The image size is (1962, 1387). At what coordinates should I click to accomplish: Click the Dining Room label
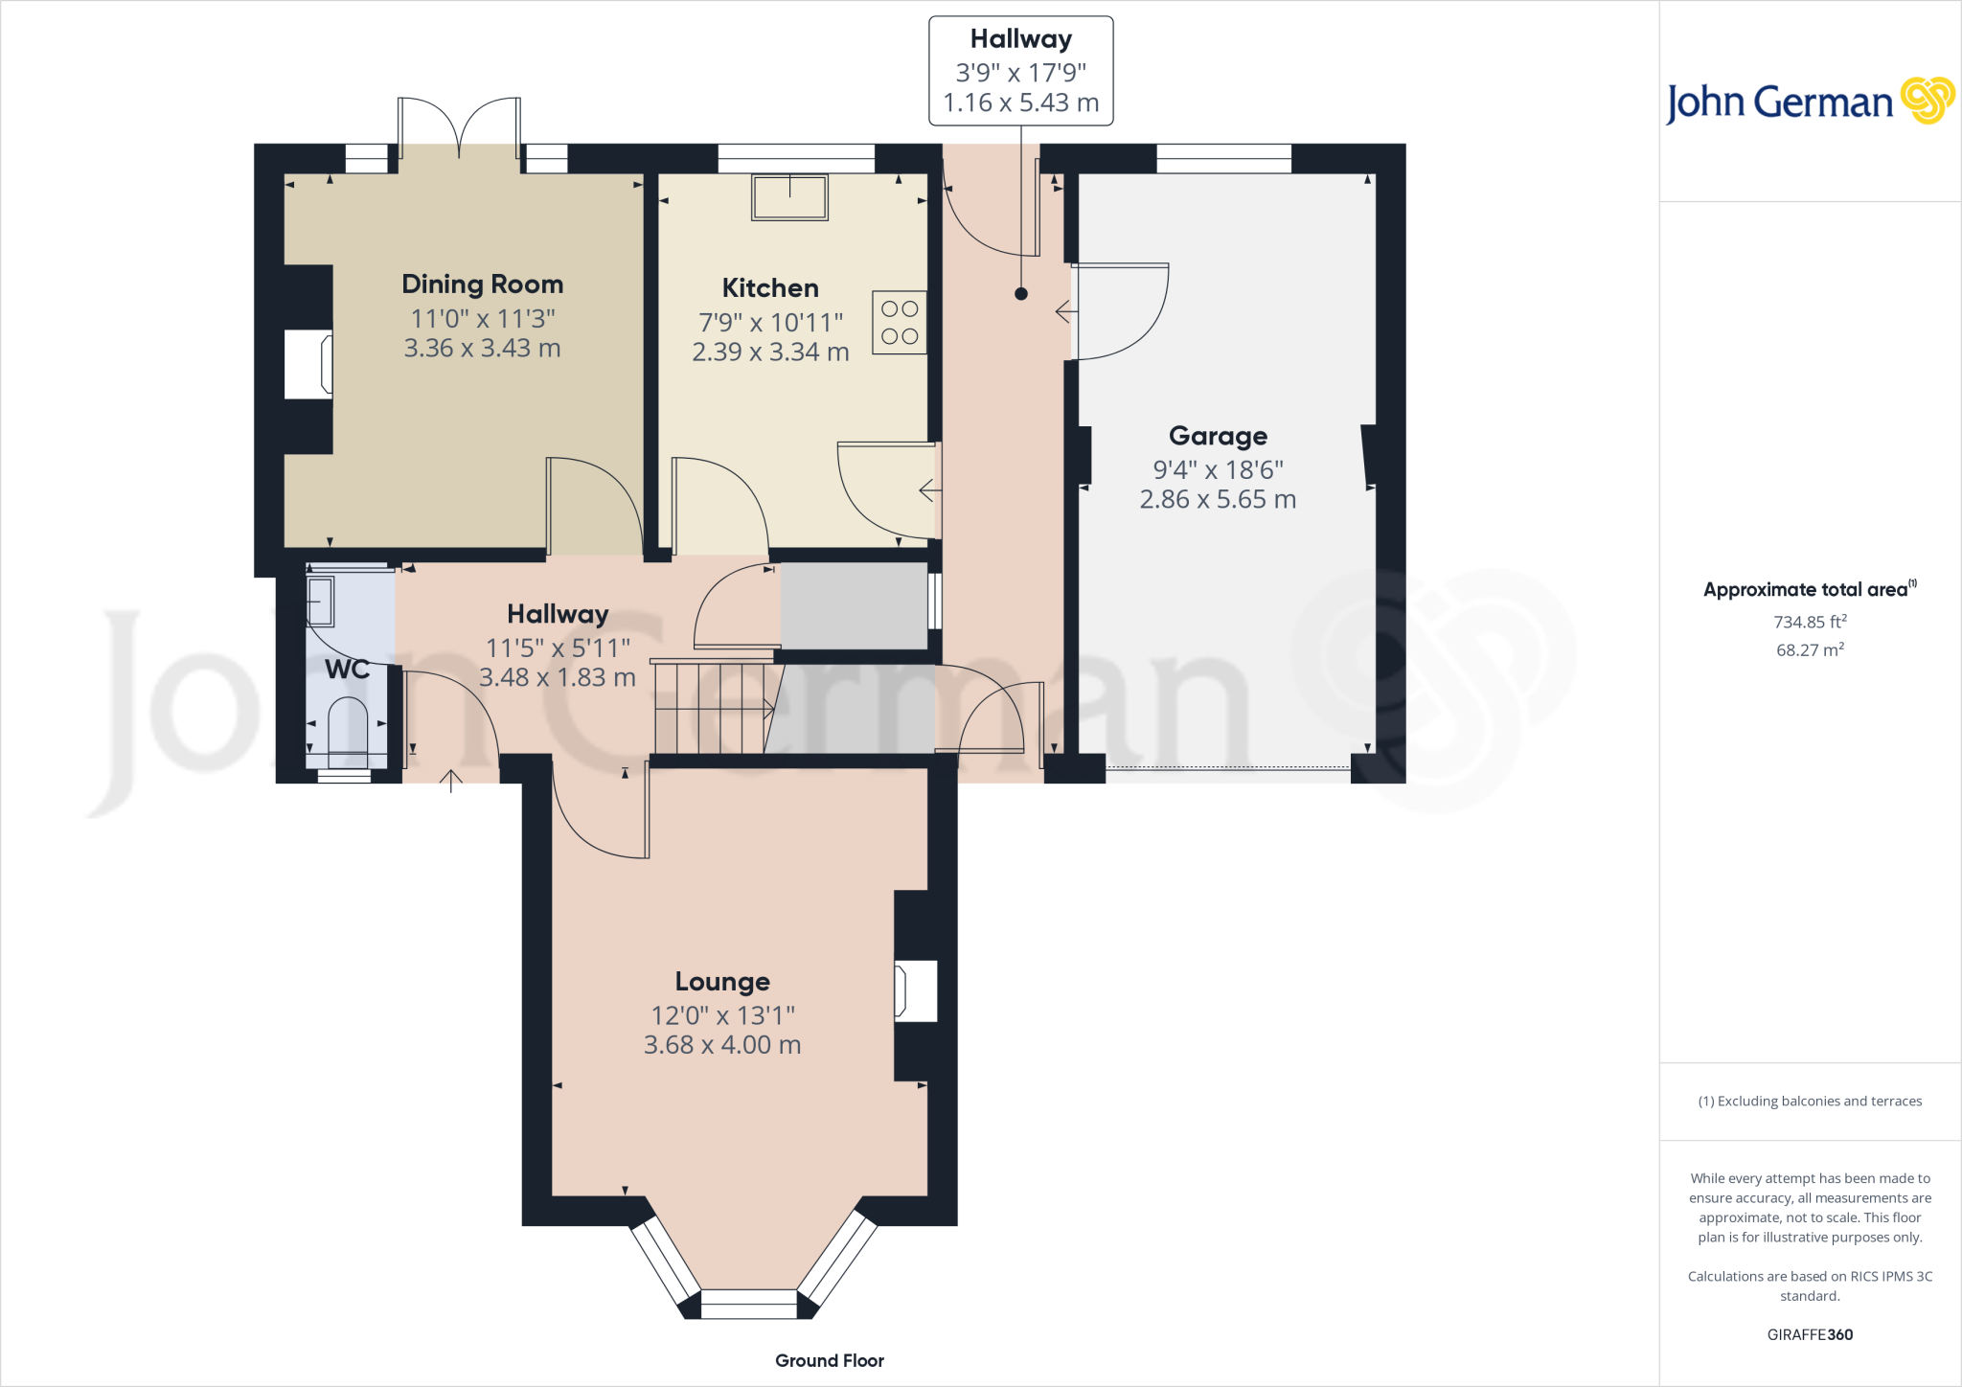coord(482,284)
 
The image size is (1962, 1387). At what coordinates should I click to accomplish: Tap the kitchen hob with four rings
coord(900,323)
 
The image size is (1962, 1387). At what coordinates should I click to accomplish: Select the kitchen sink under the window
coord(789,197)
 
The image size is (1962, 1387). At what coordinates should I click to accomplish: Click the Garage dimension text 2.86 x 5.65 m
coord(1218,500)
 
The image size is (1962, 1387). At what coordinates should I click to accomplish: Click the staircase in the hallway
coord(714,708)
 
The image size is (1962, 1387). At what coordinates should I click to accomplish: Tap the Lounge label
coord(722,982)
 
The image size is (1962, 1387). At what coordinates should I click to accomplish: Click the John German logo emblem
coord(1927,101)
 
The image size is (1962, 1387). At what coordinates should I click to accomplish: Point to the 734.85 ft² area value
coord(1810,623)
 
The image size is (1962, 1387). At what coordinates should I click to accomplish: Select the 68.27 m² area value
coord(1810,650)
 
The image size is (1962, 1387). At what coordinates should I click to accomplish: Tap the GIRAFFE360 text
coord(1810,1335)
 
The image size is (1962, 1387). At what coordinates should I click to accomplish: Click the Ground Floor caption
coord(830,1361)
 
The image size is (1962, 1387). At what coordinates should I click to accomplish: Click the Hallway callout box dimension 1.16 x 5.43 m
coord(1020,103)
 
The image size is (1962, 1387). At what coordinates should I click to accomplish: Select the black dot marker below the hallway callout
coord(1021,294)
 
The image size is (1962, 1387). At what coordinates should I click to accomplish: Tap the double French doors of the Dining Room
coord(460,129)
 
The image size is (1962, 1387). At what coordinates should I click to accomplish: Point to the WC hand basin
coord(319,601)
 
